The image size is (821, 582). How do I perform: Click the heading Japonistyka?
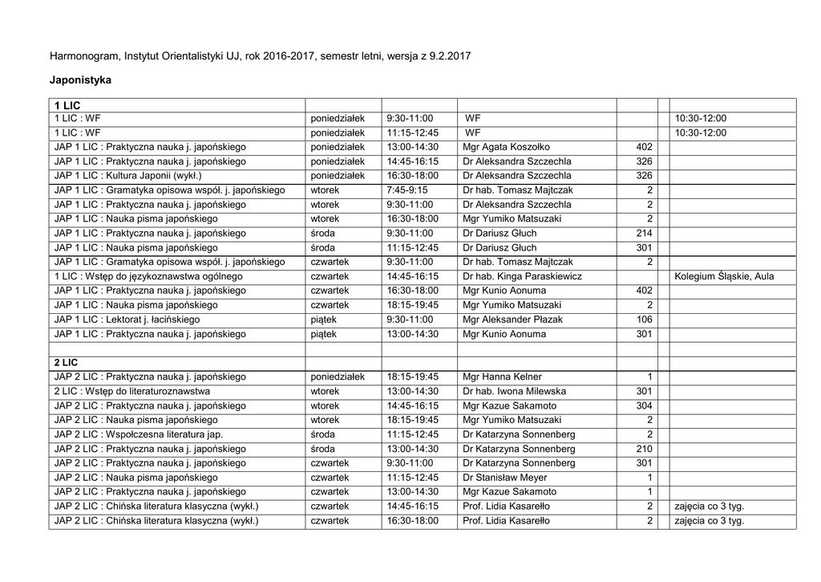click(81, 80)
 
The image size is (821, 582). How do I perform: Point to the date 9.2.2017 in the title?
click(451, 57)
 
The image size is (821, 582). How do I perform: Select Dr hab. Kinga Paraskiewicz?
click(522, 276)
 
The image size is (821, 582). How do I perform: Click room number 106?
click(644, 319)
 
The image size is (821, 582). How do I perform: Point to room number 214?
click(644, 234)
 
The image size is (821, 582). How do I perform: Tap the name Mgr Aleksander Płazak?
click(512, 319)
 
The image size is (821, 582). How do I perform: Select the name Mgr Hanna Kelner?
click(502, 377)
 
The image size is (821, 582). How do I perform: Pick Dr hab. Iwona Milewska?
click(514, 392)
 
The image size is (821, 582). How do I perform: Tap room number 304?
click(644, 406)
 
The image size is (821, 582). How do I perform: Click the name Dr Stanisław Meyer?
click(505, 478)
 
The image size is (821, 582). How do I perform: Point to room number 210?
click(644, 449)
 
